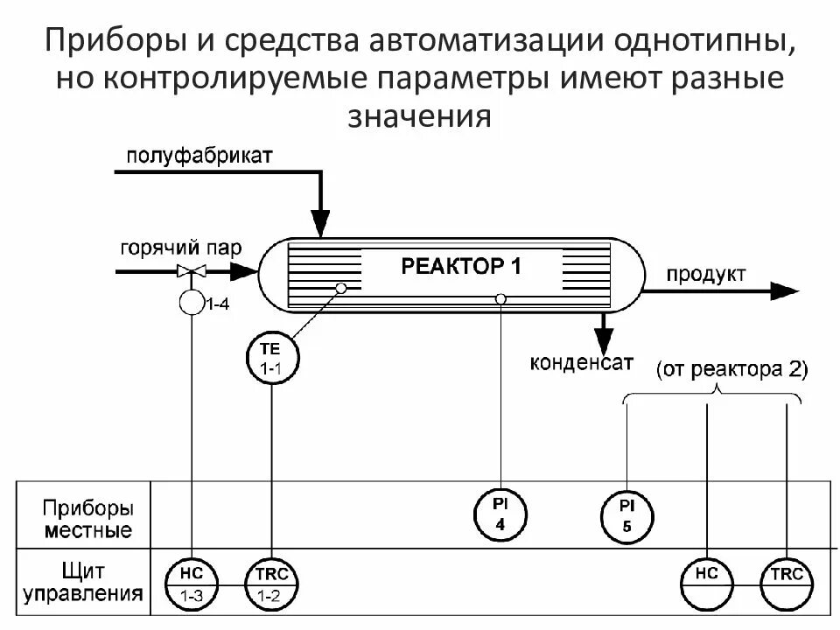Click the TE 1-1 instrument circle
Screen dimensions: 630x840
point(272,360)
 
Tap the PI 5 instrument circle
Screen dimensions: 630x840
point(627,514)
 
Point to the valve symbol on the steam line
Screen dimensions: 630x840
point(191,271)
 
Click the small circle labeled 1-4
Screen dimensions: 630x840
point(191,304)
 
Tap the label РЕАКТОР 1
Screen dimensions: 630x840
point(461,266)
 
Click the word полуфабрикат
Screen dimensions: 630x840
point(199,156)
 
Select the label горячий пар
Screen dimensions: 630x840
point(181,248)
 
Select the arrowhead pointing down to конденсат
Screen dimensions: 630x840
point(603,337)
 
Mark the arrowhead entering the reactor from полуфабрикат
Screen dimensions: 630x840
point(321,225)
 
